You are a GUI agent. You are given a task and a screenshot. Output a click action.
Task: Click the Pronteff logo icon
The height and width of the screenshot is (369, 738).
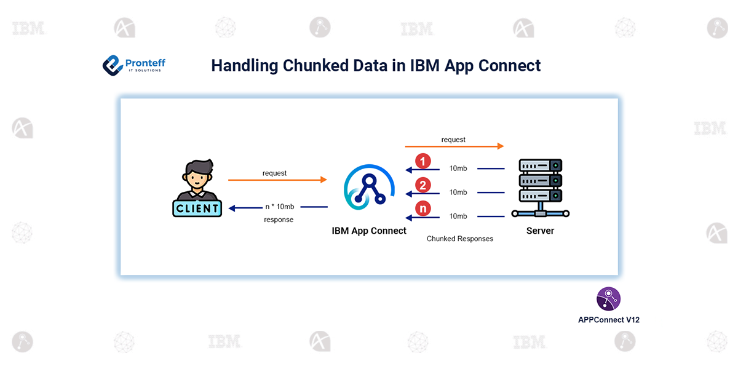113,65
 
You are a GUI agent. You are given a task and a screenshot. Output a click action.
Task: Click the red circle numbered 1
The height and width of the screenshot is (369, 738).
423,162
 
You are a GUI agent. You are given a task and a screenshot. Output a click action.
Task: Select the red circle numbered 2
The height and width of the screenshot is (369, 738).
423,185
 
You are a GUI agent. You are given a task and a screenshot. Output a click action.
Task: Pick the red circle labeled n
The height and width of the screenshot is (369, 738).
423,209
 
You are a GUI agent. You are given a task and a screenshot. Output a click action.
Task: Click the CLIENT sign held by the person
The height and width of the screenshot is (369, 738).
197,208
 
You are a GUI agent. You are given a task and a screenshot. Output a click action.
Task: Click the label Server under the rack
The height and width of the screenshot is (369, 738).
540,231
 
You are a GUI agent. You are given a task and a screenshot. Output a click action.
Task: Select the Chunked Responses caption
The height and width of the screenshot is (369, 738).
460,239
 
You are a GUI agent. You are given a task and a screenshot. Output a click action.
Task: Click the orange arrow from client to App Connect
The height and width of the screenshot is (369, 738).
277,180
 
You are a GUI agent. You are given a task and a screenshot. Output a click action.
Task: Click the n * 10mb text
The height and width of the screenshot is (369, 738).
279,207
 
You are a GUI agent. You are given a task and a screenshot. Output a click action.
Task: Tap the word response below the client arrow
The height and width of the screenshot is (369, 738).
279,220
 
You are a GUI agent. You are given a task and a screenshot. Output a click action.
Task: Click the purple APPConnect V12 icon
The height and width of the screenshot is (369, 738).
608,300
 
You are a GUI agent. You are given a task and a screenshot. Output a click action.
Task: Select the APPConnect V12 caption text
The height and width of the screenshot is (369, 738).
608,320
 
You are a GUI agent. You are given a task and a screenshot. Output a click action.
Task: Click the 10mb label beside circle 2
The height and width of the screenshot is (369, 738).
458,192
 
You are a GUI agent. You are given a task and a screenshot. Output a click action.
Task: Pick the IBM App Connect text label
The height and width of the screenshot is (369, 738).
369,231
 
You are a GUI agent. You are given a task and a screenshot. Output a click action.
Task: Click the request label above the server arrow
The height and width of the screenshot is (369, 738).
453,140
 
